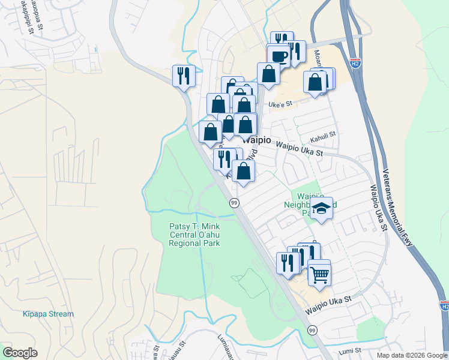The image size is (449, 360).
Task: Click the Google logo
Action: (20, 353)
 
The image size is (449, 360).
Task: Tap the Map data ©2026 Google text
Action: (412, 355)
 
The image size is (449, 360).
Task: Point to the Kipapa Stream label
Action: (48, 314)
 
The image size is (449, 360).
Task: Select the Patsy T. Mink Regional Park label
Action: (194, 235)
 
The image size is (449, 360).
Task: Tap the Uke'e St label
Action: (280, 104)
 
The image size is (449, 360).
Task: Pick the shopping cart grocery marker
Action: (319, 274)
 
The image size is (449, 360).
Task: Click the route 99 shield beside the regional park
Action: (234, 203)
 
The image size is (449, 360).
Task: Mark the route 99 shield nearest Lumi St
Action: (312, 331)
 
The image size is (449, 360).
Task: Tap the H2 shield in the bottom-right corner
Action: (444, 306)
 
